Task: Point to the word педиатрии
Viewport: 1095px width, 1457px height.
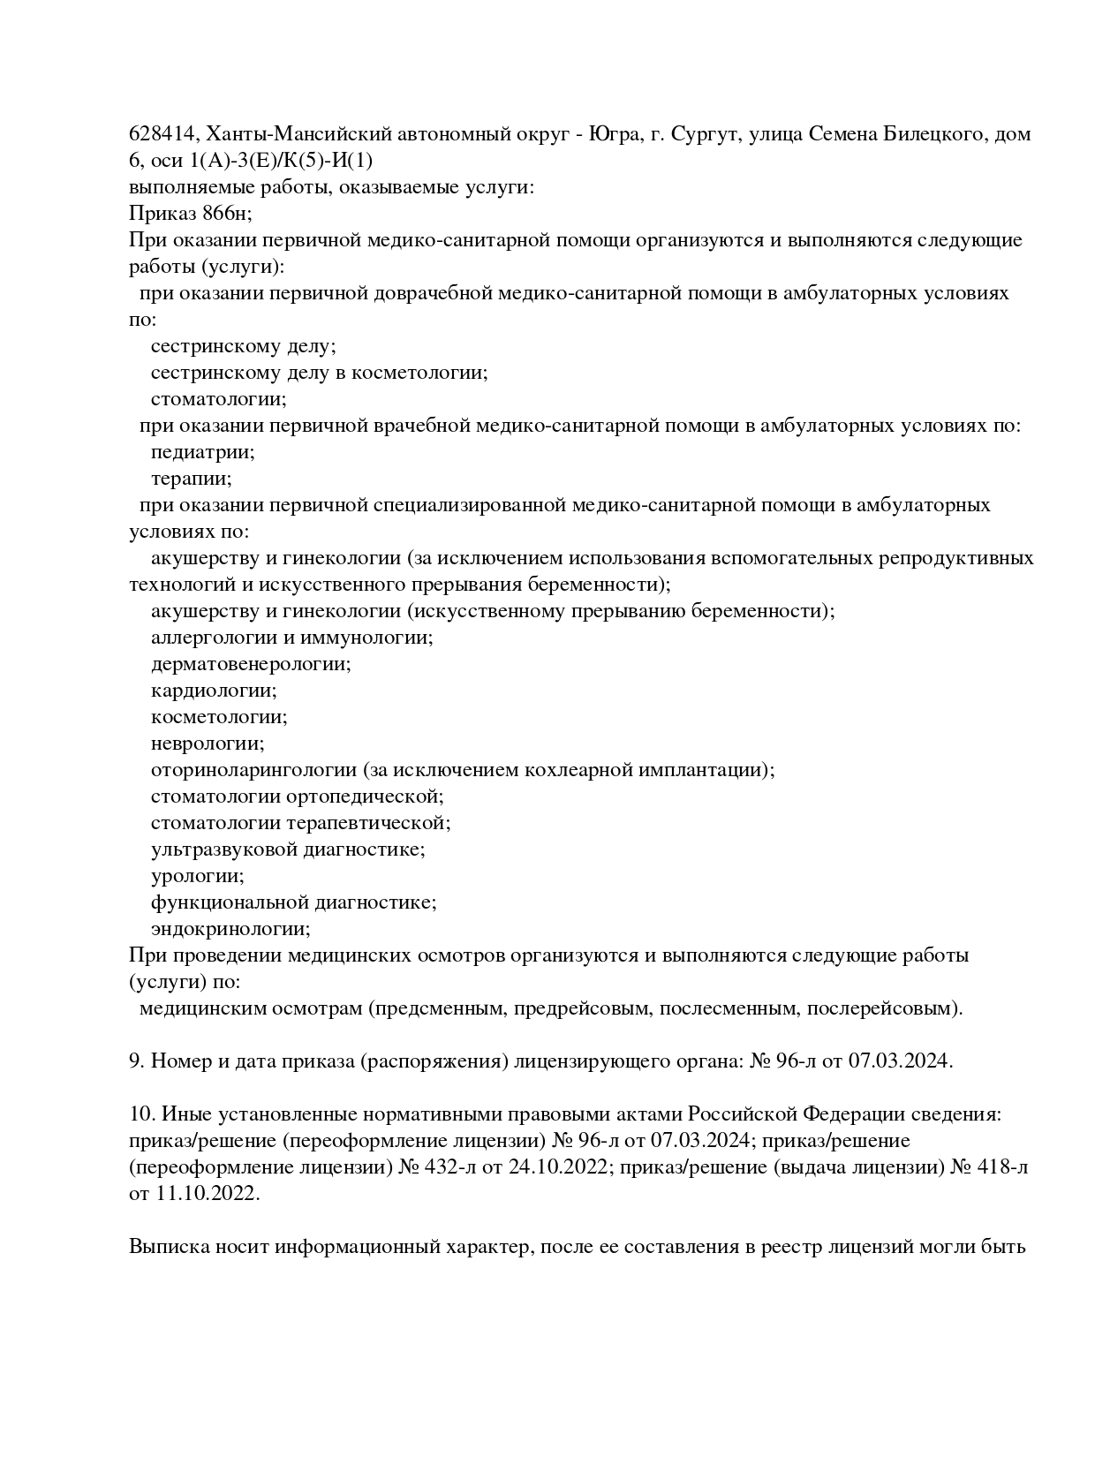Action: point(202,452)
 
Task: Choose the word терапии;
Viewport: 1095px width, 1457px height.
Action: point(191,479)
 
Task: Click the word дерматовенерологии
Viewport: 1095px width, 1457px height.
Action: point(250,664)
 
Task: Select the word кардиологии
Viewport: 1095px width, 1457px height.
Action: point(213,691)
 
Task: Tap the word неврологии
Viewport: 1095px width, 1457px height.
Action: point(207,744)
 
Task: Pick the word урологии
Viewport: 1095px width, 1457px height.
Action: point(197,876)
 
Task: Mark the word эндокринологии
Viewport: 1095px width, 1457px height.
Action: point(230,929)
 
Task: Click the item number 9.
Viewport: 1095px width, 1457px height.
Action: point(136,1061)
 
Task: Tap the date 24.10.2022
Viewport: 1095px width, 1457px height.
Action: point(559,1167)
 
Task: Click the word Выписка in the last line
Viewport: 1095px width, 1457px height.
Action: point(169,1247)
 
